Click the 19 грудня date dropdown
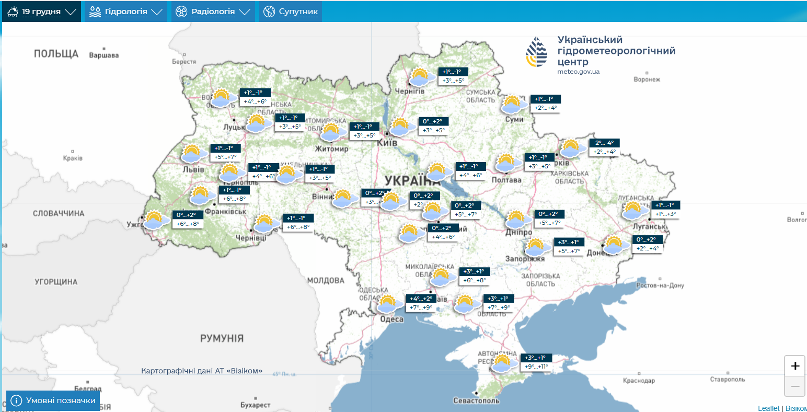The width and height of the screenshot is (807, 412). pos(41,12)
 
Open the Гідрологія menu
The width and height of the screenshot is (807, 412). pos(126,12)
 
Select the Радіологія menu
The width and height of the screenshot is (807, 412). pos(213,12)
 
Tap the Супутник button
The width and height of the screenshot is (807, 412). pos(291,12)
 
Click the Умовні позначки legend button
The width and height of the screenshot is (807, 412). pos(53,400)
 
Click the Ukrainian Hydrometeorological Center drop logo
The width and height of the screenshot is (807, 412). pos(537,52)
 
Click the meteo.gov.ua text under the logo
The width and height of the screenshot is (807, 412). pos(578,72)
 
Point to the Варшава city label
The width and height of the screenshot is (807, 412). pos(103,55)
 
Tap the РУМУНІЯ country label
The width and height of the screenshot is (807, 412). pos(222,338)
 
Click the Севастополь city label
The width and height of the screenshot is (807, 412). pos(476,400)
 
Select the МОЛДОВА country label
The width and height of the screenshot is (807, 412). pos(326,281)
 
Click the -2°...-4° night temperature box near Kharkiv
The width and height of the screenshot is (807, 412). pos(605,143)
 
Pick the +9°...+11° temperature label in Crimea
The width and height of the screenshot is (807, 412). pos(537,367)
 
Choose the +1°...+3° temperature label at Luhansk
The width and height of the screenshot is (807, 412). pos(665,214)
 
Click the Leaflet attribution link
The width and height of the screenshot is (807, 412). pos(768,408)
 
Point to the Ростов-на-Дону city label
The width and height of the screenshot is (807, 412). pos(660,285)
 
